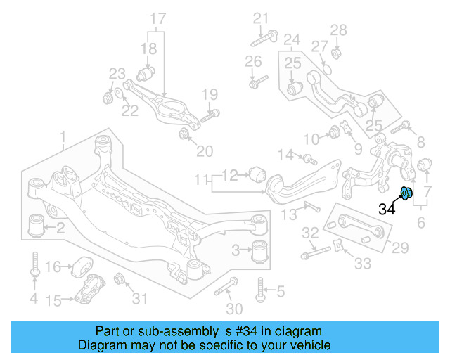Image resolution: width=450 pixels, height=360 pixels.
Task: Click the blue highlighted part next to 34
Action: (406, 193)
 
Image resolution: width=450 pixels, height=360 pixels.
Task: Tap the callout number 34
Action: (387, 208)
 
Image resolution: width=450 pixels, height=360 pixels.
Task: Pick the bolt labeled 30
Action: (226, 286)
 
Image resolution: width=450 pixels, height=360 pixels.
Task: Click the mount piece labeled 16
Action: (82, 269)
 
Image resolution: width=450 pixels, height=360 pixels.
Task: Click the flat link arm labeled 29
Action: (356, 225)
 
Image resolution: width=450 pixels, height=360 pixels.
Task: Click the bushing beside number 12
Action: (257, 173)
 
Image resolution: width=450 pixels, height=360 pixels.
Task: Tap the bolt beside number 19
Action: (210, 115)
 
